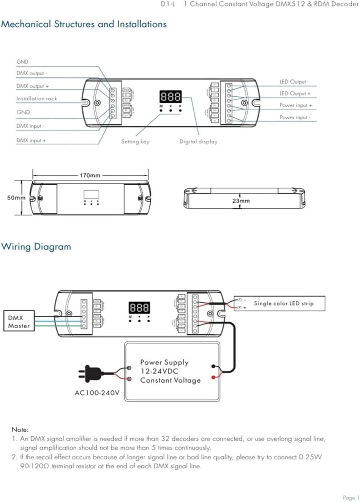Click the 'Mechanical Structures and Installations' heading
coord(84,24)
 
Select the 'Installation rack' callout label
coord(36,98)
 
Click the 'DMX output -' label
coord(32,73)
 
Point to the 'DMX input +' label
coord(31,140)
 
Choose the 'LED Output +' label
coord(295,93)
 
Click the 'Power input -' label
coord(295,117)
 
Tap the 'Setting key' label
coord(135,141)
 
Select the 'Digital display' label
coord(198,141)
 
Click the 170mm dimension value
coord(90,176)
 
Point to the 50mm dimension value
coord(16,198)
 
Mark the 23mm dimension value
coord(241,201)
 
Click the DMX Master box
coord(19,321)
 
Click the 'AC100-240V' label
coord(97,393)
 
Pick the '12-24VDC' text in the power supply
coord(159,371)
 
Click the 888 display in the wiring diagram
coord(139,307)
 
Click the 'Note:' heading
coord(20,429)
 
